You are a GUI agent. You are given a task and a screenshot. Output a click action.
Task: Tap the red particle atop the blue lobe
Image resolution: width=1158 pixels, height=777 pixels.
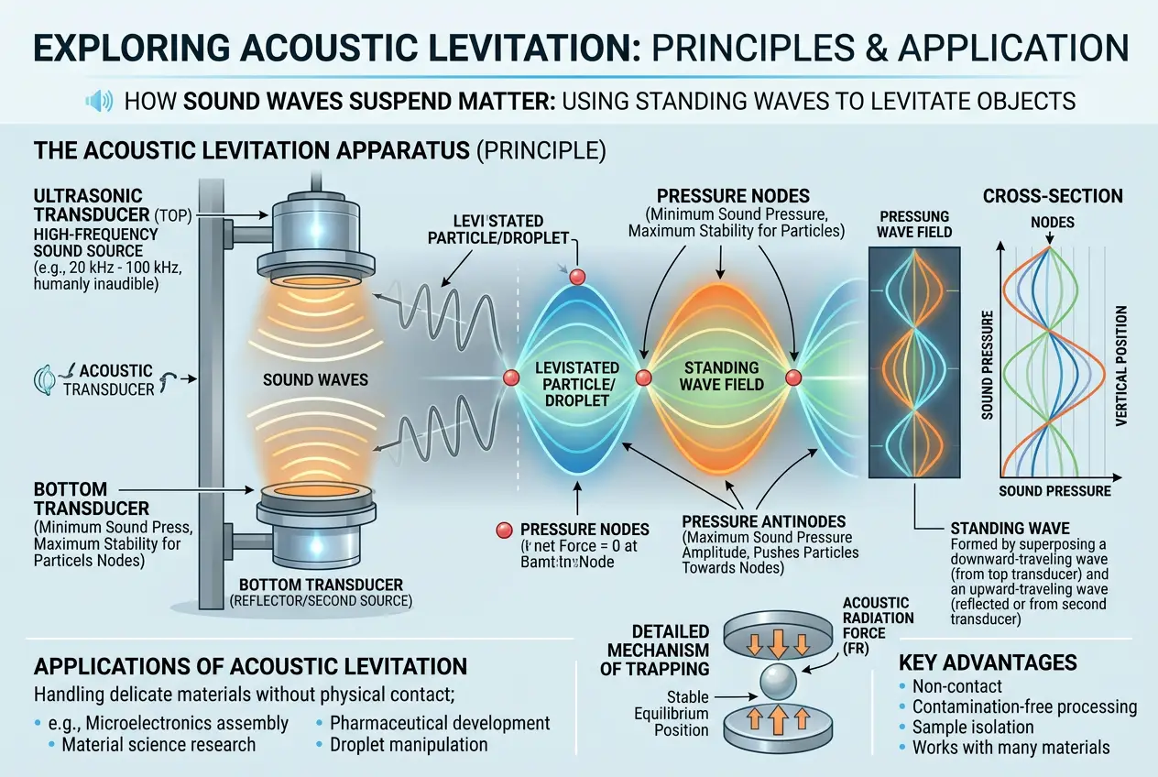click(576, 277)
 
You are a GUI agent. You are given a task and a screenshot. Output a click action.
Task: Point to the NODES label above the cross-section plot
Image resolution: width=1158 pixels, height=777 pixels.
click(1052, 223)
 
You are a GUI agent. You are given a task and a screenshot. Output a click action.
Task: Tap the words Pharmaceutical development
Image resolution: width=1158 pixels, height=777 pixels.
click(440, 722)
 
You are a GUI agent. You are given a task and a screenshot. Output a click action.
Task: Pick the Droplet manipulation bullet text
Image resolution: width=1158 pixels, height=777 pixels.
click(409, 745)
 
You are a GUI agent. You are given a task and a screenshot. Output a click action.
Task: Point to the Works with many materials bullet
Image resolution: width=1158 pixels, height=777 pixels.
click(1011, 748)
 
